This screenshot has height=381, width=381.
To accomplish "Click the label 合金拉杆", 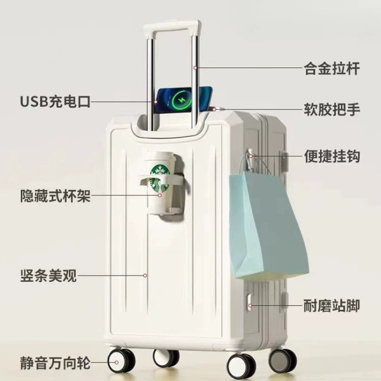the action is pos(331,69).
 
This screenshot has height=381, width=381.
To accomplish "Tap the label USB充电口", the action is pos(55,102).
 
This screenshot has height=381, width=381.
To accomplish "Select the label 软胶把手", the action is pos(331,109).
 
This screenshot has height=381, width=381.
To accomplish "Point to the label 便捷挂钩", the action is pos(331,156).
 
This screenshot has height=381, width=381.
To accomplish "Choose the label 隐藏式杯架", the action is pos(55,196).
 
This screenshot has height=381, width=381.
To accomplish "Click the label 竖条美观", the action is pos(48,276).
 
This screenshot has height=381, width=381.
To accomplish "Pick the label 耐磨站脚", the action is pos(331,305).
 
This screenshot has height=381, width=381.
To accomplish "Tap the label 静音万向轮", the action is pos(55,363).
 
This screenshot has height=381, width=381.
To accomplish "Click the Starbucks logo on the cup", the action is pos(159,178).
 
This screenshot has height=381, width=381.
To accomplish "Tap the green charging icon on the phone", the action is pos(182,100).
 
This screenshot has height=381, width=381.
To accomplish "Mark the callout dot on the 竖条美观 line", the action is pos(145,276).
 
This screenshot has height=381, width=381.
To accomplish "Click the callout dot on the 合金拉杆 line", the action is pos(195,68).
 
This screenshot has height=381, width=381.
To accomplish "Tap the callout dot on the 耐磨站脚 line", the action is pos(250,305).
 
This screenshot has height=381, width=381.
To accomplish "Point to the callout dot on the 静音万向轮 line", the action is pos(116,363).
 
